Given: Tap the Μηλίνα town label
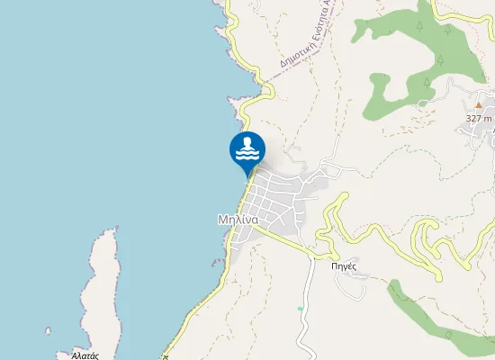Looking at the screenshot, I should coord(238,219).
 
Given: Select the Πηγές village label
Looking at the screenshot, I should coord(345,265).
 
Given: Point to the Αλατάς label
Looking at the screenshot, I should coord(84,355).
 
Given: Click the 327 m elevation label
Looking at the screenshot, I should coord(480,118).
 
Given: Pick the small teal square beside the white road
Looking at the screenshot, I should coord(300,309).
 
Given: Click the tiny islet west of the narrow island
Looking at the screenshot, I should coord(49,330).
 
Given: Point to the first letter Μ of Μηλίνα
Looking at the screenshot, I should coord(221,219).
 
